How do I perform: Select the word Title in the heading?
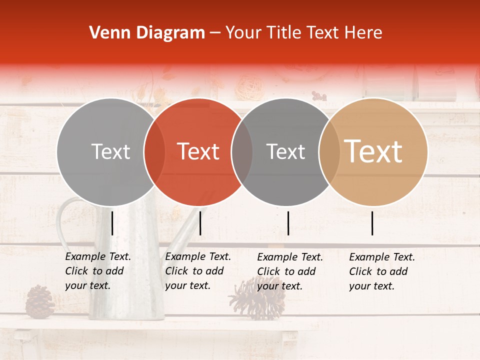283,33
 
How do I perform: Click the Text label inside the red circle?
198,151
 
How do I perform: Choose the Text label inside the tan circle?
373,151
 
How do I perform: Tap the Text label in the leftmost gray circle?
110,151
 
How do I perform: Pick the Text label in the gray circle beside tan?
285,151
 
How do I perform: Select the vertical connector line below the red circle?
200,223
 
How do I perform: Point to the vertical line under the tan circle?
372,223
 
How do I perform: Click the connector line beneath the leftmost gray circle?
112,223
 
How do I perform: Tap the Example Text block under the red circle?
197,271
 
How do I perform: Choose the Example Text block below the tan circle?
381,271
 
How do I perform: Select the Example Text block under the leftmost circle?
97,271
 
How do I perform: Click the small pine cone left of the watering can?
39,301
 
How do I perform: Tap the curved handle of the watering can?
62,220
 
